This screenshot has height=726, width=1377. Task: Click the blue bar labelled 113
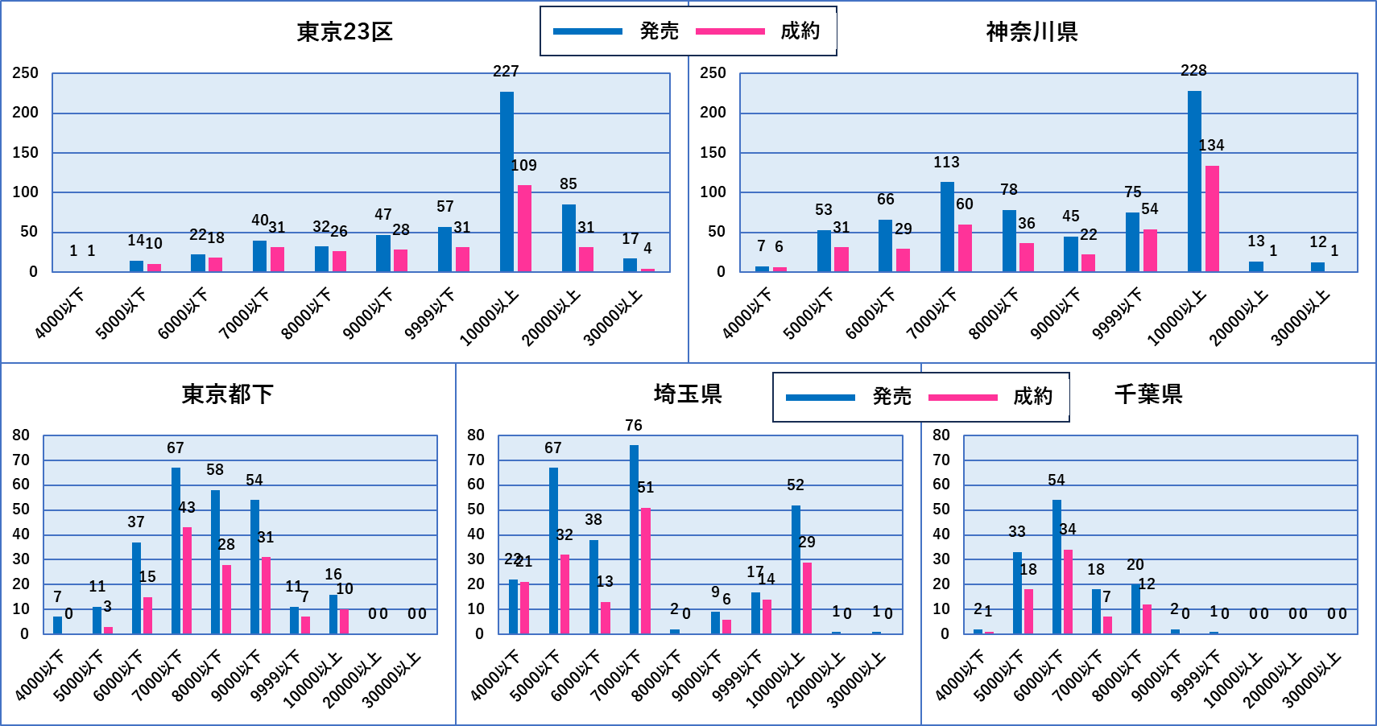point(947,227)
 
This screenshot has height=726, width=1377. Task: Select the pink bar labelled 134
point(1212,219)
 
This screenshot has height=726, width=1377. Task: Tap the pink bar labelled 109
point(524,229)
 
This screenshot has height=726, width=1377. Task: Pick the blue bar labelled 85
point(569,238)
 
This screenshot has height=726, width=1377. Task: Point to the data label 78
point(1009,190)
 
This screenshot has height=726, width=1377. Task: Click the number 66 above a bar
point(886,200)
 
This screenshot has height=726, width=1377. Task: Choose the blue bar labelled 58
point(215,562)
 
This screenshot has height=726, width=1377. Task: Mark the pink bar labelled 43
point(187,580)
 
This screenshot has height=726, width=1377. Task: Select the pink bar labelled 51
point(645,571)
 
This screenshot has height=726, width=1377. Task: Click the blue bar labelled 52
point(796,569)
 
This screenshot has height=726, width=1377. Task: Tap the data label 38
point(593,520)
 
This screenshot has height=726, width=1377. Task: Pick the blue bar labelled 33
point(1017,592)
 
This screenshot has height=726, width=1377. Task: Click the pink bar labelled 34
point(1068,592)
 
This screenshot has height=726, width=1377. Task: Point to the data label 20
point(1135,565)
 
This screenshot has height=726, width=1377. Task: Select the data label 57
point(445,207)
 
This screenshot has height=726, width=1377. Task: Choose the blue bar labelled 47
point(383,253)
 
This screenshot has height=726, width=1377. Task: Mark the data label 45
point(1071,217)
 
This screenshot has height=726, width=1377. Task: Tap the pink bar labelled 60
point(965,248)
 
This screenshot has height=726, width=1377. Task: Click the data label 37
point(136,522)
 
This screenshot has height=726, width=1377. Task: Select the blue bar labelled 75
point(1132,242)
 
